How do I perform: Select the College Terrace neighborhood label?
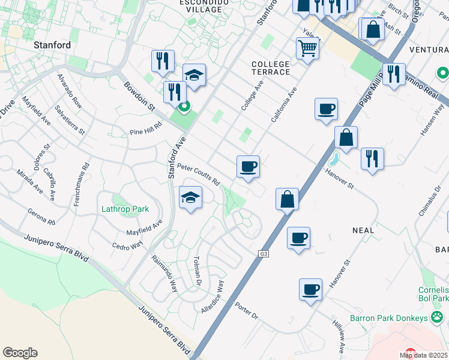[271, 68]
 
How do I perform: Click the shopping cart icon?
[307, 47]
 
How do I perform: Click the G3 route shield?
[263, 254]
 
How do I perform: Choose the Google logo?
[20, 353]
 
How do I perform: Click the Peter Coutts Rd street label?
[199, 175]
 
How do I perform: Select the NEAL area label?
[363, 230]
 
